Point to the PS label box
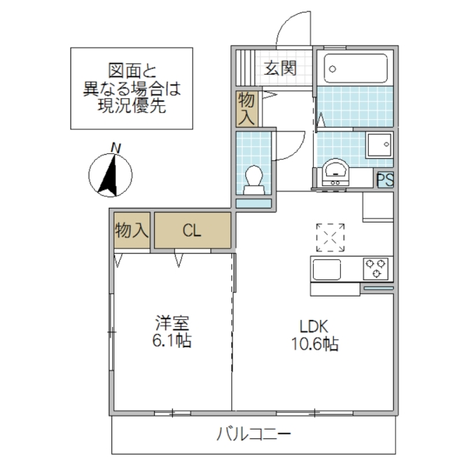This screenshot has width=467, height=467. [384, 179]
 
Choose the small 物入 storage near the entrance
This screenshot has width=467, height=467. [247, 108]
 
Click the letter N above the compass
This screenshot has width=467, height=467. [115, 147]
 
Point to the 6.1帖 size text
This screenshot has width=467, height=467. [173, 341]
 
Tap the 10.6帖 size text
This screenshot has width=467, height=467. [315, 344]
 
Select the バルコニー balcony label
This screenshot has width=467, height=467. [254, 434]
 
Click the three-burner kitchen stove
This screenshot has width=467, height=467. [376, 269]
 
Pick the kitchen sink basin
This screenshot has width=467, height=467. [327, 269]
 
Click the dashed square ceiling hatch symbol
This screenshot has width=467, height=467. [331, 237]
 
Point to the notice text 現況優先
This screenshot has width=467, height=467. [132, 107]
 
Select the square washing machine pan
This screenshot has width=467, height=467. [379, 145]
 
